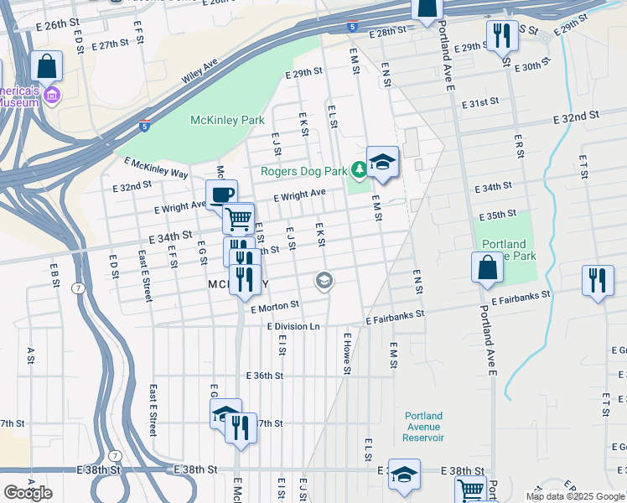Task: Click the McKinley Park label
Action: tap(227, 120)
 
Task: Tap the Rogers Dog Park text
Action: tap(303, 171)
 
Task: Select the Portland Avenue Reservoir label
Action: tap(423, 427)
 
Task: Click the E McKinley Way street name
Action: tap(156, 167)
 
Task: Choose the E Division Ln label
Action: tap(293, 326)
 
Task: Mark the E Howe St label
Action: tap(345, 352)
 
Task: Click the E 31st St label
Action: tap(479, 102)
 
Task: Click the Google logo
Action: tap(28, 493)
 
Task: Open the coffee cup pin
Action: tap(221, 195)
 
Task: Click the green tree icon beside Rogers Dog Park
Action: tap(359, 171)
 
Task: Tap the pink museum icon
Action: tap(52, 96)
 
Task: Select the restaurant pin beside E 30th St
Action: tap(501, 36)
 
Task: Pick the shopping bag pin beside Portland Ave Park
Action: tap(487, 268)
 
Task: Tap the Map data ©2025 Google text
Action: tap(574, 496)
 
